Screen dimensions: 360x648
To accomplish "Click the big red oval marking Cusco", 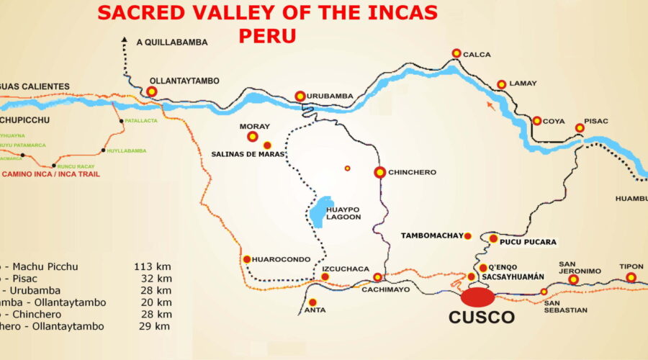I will (x=478, y=296).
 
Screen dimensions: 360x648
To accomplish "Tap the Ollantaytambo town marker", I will (x=152, y=91).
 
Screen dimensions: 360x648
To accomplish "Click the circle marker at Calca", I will (x=456, y=53).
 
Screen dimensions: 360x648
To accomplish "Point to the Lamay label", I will (x=523, y=84).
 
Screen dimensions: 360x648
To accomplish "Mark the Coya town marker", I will (x=537, y=121).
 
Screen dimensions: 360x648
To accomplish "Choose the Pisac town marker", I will (x=580, y=128).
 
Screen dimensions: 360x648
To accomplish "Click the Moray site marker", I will (x=253, y=136).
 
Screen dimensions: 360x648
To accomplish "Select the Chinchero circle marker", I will (x=379, y=172).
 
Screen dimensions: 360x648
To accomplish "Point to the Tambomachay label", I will (x=431, y=235).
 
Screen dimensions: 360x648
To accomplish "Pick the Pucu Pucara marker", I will (x=493, y=238).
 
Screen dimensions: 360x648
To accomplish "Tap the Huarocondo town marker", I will (x=246, y=259).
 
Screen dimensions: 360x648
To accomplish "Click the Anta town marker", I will (x=312, y=302).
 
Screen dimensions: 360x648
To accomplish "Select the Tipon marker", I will (x=631, y=277).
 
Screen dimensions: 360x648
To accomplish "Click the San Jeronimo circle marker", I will (x=573, y=279).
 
